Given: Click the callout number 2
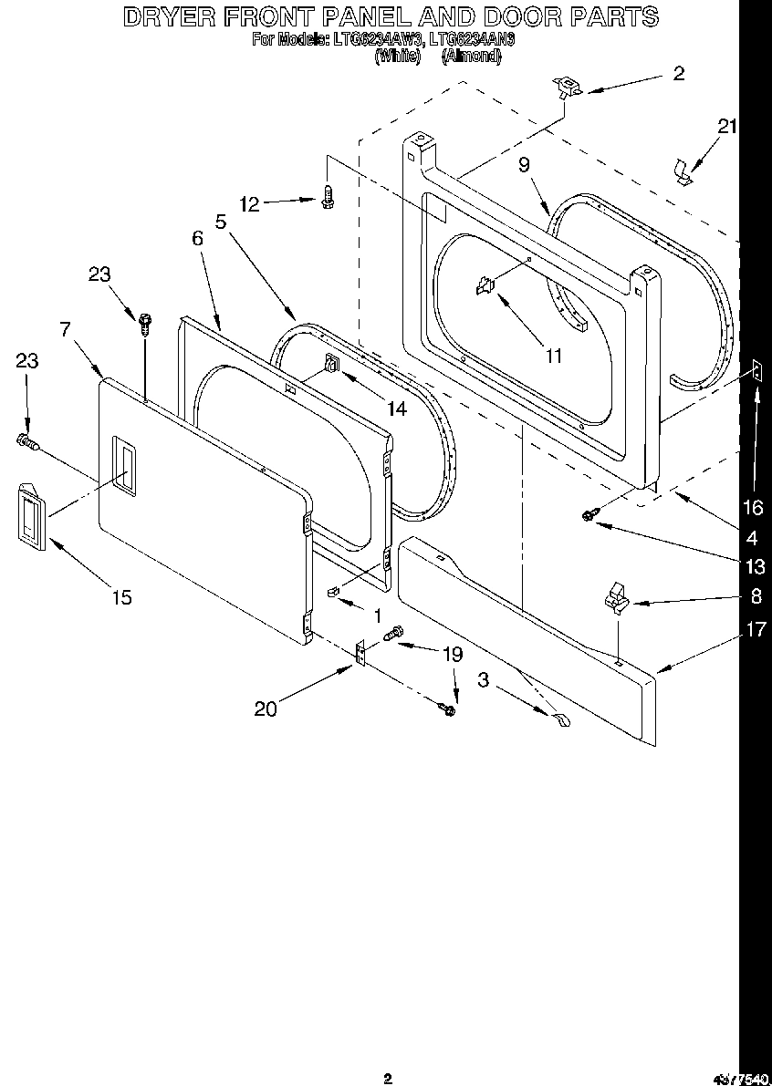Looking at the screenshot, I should click(x=678, y=74).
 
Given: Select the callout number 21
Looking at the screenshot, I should click(x=726, y=127).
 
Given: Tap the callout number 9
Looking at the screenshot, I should click(x=524, y=165).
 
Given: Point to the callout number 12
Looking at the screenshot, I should click(x=250, y=204).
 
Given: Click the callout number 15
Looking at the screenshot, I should click(x=121, y=597).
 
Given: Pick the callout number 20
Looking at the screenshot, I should click(x=266, y=708).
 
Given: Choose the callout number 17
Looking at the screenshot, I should click(x=756, y=628).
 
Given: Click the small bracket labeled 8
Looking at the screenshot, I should click(x=613, y=597).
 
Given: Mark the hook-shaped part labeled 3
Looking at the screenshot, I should click(x=558, y=719).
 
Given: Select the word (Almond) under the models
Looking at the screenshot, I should click(x=471, y=56).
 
